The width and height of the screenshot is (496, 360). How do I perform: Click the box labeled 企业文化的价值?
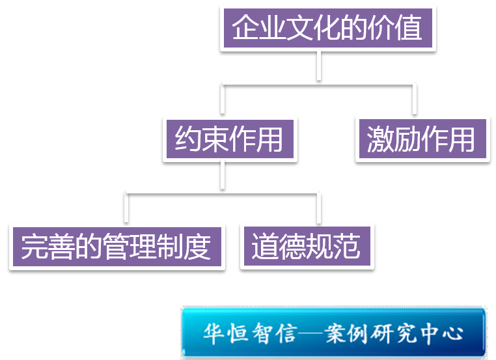327,28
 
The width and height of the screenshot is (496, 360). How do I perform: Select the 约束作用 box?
230,139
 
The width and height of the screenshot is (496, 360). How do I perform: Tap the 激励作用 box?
422,139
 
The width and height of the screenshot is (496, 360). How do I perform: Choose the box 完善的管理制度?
117,247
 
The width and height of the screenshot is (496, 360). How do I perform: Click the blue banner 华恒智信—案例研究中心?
333,333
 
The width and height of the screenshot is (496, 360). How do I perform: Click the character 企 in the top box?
246,28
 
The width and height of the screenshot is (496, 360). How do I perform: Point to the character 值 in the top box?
409,28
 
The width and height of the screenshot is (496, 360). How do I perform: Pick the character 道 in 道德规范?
264,247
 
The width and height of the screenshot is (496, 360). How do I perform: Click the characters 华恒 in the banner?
221,333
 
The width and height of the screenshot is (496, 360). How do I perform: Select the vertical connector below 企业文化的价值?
319,66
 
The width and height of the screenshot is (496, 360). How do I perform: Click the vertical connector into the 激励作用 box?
414,99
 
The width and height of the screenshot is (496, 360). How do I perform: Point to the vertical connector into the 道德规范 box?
318,208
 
